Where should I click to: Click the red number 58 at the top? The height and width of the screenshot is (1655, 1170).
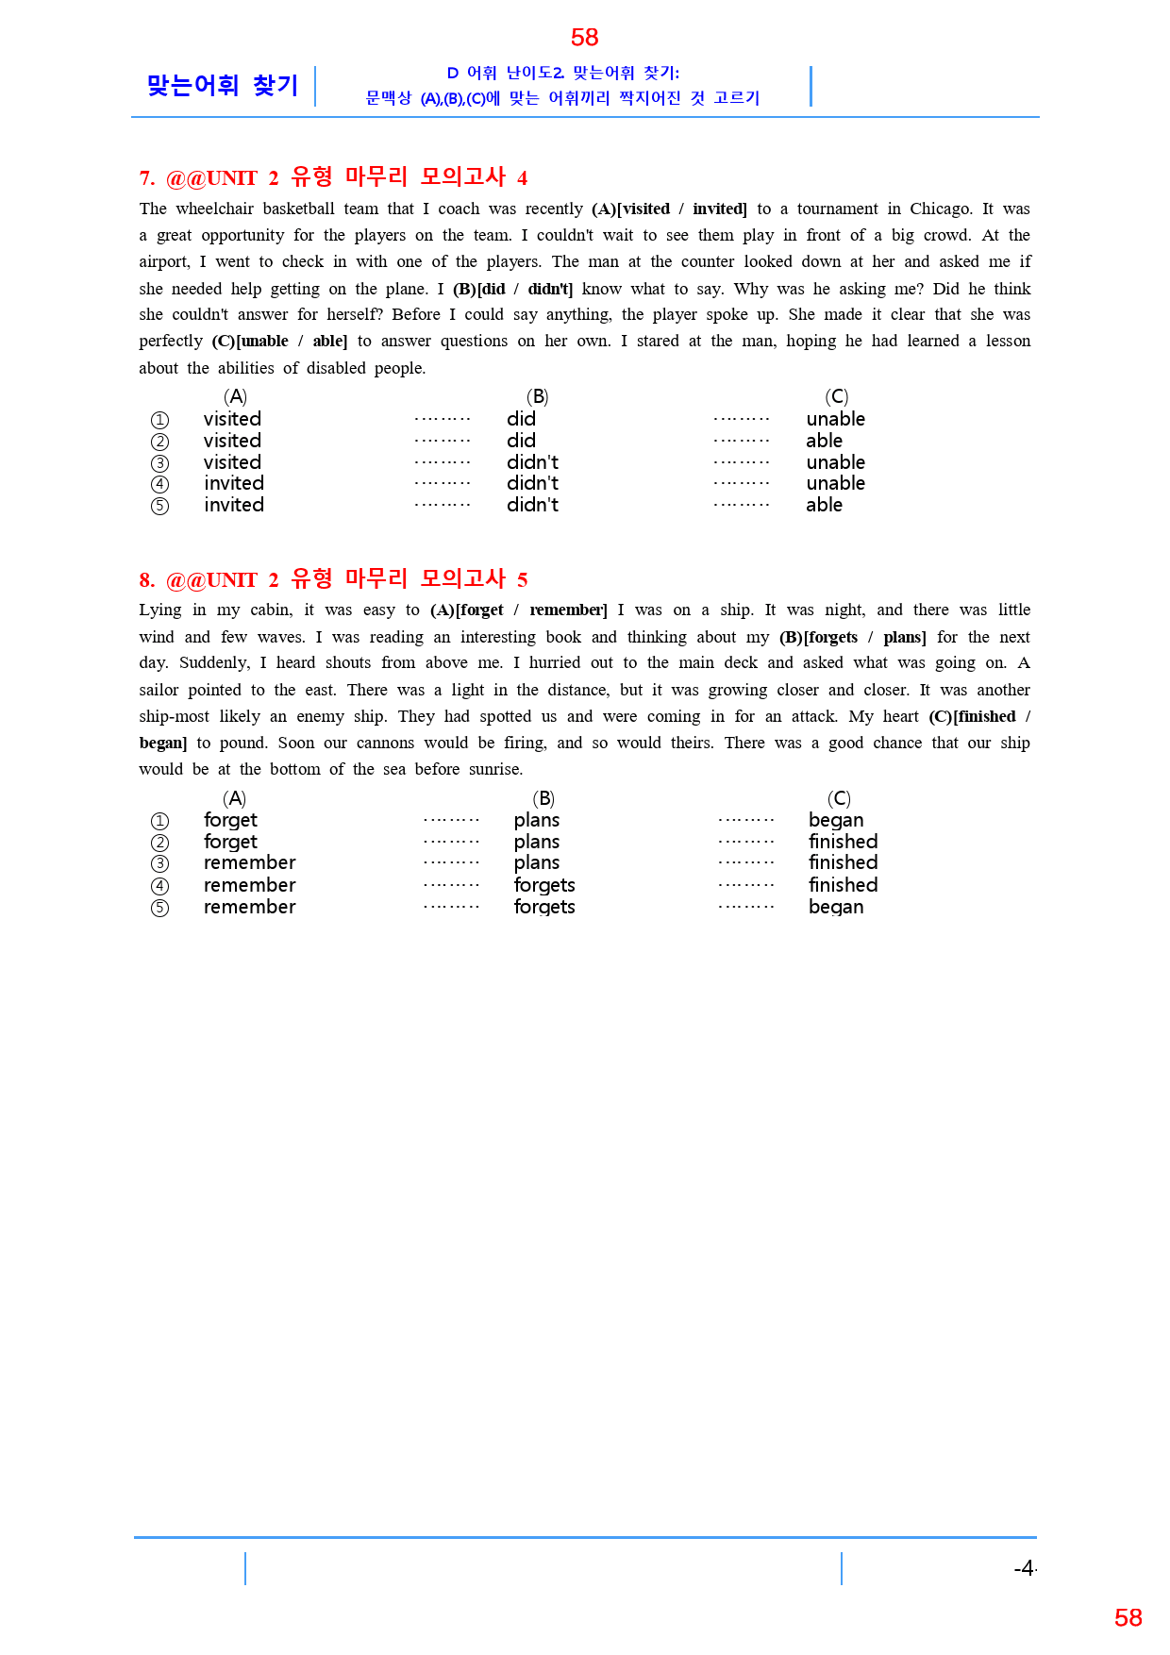coord(584,38)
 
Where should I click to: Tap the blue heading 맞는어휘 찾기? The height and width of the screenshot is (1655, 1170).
coord(223,86)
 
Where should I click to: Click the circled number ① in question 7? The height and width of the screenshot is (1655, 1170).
coord(159,420)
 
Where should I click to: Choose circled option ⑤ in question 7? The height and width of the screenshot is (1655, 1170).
coord(159,506)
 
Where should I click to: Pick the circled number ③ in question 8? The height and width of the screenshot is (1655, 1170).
coord(159,863)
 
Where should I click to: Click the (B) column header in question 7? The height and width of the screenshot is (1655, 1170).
coord(537,396)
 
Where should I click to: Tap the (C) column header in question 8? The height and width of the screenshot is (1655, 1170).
coord(838,798)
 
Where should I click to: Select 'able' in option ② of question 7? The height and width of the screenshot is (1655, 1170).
coord(824,441)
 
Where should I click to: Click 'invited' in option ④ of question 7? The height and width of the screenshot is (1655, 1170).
coord(233,483)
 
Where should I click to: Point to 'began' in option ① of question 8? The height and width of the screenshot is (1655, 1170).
coord(835,820)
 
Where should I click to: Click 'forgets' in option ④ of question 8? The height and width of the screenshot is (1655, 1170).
coord(543,885)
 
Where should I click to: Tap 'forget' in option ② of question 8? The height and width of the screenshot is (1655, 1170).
coord(230,842)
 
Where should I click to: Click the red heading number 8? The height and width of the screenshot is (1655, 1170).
coord(146,579)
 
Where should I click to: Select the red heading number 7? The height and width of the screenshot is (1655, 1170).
coord(146,178)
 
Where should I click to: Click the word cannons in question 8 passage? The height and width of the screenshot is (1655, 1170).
coord(385,743)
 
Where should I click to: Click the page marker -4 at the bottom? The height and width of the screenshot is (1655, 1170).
coord(1024,1568)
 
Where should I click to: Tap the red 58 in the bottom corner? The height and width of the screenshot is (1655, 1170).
coord(1128,1617)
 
